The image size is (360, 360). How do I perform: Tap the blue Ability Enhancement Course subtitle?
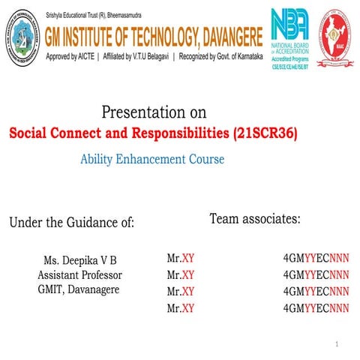(x=152, y=159)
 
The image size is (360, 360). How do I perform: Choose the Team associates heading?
(x=255, y=219)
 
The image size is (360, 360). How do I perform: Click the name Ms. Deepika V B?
(x=80, y=261)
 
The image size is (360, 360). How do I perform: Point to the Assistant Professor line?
(x=79, y=275)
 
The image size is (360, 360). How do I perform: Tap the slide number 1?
(x=338, y=344)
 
